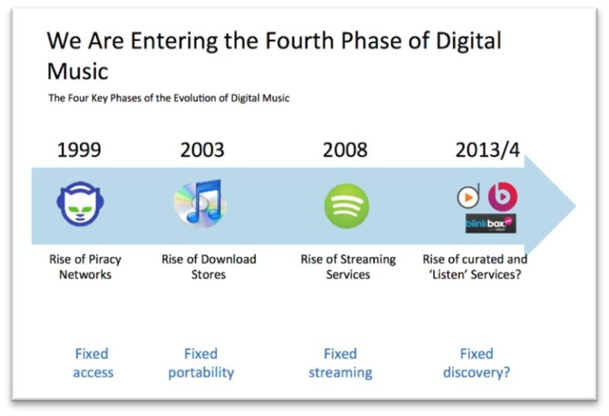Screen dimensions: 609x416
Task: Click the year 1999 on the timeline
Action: click(x=79, y=149)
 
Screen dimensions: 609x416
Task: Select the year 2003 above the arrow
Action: click(x=202, y=149)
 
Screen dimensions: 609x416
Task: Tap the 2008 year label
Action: click(x=345, y=149)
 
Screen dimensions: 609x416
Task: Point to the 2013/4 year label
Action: click(x=487, y=150)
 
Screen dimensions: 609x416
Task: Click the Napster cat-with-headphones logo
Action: click(x=81, y=203)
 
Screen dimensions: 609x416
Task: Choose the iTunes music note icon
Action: click(x=200, y=203)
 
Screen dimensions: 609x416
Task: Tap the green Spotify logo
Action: click(x=346, y=206)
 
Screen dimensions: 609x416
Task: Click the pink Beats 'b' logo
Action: click(x=502, y=197)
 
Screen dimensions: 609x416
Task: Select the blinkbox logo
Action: click(x=491, y=223)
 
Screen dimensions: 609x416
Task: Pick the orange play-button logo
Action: click(x=468, y=197)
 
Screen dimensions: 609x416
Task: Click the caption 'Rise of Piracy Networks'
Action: click(x=85, y=267)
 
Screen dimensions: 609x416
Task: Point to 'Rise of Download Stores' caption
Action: click(x=209, y=267)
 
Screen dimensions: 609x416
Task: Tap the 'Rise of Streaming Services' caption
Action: click(x=348, y=267)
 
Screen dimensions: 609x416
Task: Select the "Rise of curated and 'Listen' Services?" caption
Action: click(x=475, y=267)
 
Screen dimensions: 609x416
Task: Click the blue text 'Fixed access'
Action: click(x=93, y=363)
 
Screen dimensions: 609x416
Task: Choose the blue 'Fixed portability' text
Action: click(x=201, y=363)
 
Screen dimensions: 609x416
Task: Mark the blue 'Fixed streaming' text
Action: click(x=340, y=363)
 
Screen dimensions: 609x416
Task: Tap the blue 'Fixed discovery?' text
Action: click(x=477, y=363)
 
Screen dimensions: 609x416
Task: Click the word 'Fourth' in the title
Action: click(x=299, y=40)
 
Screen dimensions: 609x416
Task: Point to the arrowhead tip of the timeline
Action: click(x=576, y=206)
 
